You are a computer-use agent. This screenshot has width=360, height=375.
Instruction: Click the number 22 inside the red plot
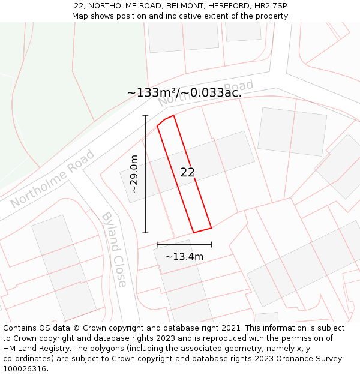(187, 172)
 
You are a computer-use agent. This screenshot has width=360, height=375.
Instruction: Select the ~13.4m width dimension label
(184, 257)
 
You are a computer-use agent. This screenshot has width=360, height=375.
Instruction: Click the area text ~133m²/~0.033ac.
(184, 92)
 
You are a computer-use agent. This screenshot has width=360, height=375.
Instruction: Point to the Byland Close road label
(114, 249)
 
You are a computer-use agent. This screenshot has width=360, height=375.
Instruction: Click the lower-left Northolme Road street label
(52, 179)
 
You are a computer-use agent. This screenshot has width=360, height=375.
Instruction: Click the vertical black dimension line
(145, 173)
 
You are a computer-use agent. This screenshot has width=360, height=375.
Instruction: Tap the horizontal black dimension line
(184, 244)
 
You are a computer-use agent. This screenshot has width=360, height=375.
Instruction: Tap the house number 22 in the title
(79, 5)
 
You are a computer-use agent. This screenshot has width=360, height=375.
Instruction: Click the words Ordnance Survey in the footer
(308, 359)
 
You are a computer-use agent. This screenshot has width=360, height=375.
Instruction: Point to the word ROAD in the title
(147, 5)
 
